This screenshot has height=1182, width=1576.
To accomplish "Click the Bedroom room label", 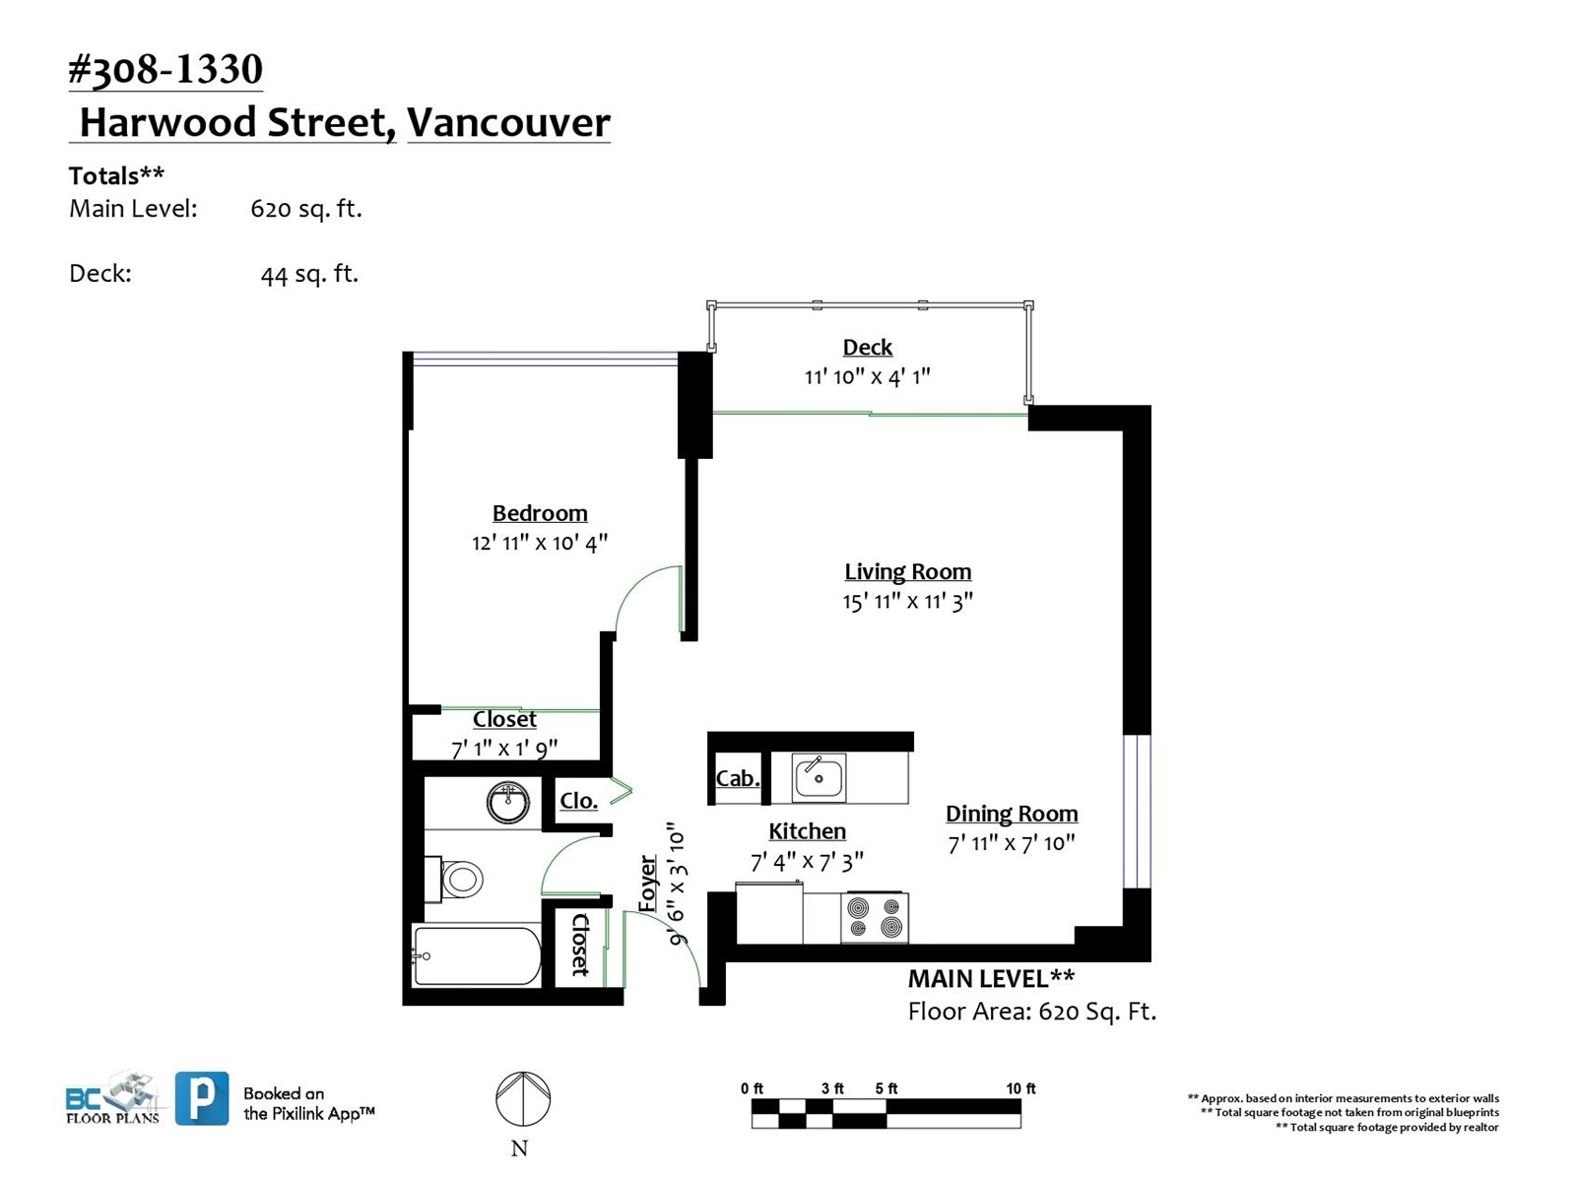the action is tap(539, 513).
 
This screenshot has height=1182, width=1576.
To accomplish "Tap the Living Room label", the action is tap(907, 571).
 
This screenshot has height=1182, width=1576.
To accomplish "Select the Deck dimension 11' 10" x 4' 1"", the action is tap(867, 376).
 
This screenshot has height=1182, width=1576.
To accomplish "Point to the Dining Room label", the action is tap(1012, 814).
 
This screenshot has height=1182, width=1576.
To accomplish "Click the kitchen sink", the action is tap(819, 777).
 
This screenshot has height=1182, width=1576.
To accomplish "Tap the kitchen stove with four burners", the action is tap(875, 918).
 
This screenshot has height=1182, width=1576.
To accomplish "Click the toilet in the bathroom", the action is tap(454, 880).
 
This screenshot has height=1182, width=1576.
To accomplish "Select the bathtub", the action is tap(476, 955).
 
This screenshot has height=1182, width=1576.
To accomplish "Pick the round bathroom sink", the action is tap(508, 802).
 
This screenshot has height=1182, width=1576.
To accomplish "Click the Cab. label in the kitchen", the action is tap(738, 778).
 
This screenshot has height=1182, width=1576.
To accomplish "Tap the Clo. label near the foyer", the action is tap(578, 800).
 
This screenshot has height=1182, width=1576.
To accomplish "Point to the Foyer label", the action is tap(647, 884).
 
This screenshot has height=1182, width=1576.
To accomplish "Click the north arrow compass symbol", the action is tap(523, 1098).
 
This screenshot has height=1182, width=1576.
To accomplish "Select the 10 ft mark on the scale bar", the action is tap(1020, 1088).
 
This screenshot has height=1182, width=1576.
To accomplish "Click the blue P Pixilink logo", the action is tap(203, 1098).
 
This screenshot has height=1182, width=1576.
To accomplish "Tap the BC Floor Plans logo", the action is tap(112, 1098).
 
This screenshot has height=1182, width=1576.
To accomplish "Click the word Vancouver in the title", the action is tap(508, 122).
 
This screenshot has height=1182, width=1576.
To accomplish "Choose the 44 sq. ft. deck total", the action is tap(308, 274).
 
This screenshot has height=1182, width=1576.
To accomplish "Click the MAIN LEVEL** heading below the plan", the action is tap(991, 978).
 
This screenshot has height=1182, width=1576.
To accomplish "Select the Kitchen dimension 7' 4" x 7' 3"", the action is tap(807, 861).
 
